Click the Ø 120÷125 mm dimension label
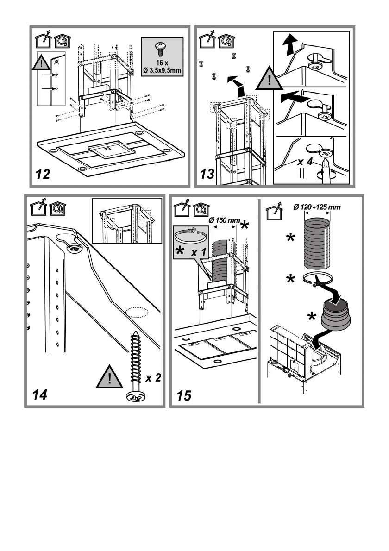(x=317, y=207)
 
